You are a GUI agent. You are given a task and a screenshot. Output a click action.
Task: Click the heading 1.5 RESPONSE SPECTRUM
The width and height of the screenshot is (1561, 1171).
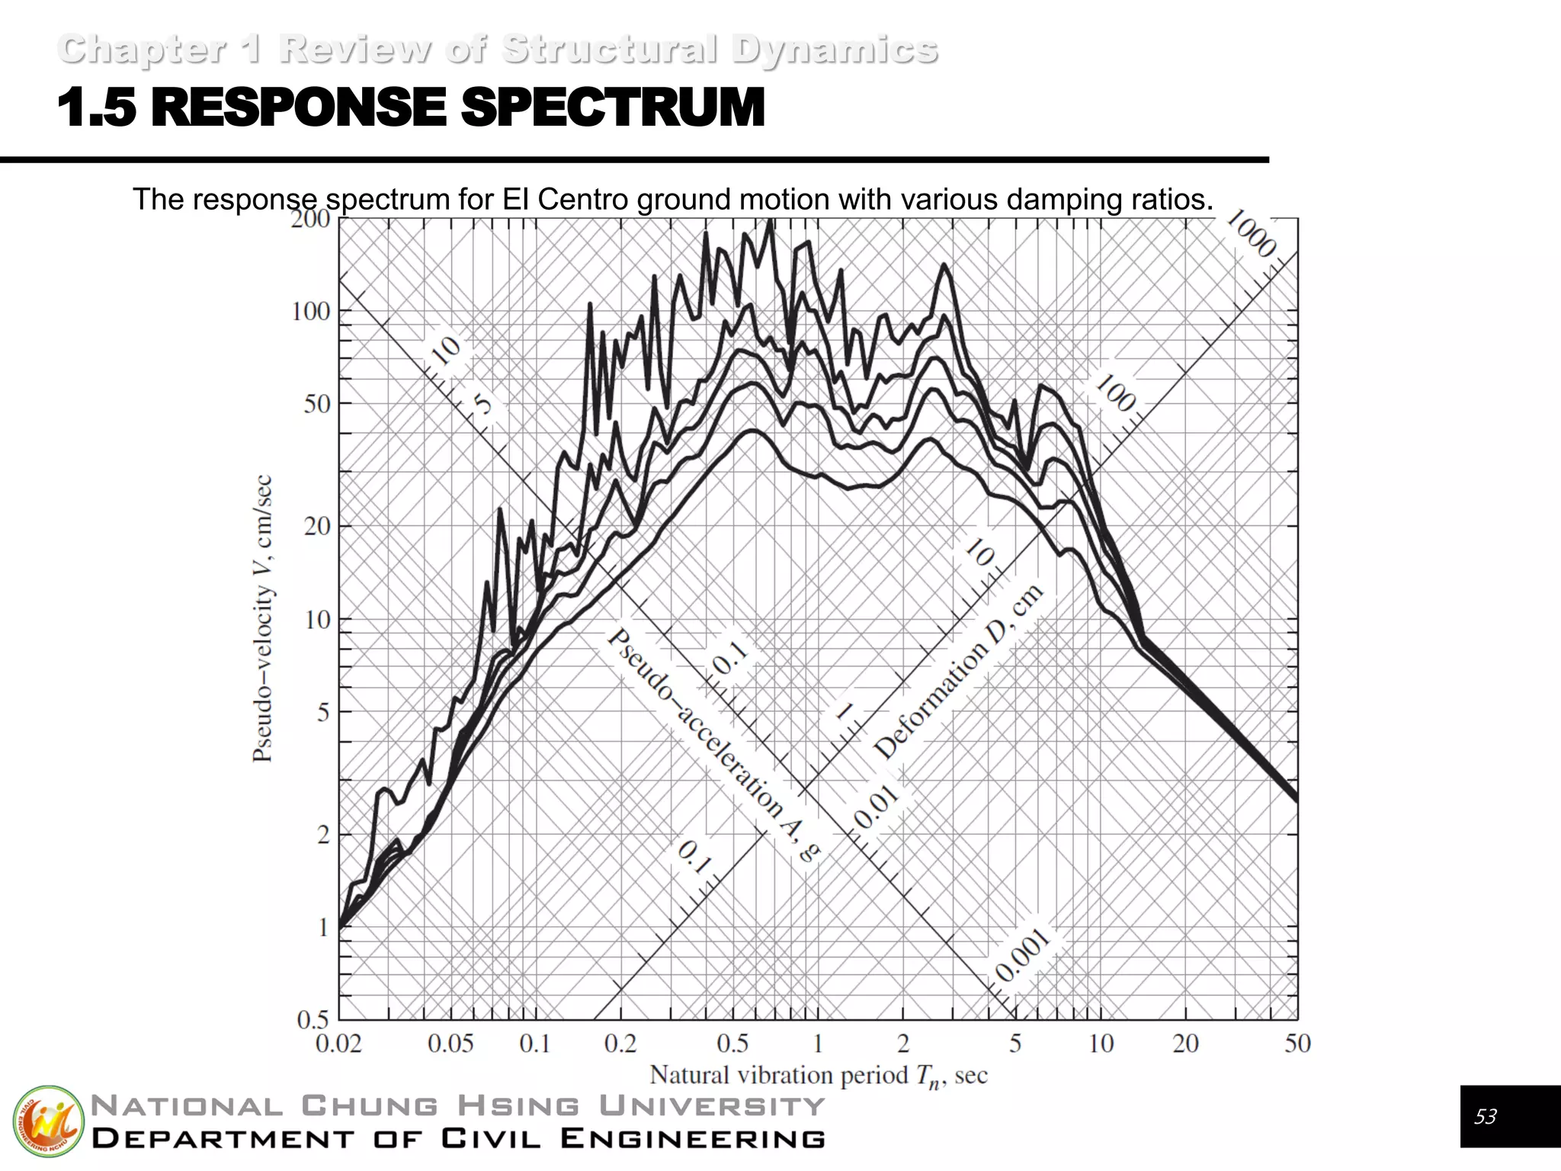coord(412,107)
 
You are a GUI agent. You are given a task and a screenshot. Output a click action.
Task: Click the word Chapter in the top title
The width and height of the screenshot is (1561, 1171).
coord(142,50)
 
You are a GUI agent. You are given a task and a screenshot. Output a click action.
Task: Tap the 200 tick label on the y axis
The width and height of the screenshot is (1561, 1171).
coord(310,219)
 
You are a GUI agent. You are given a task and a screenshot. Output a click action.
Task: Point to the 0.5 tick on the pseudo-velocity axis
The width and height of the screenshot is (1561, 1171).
coord(313,1019)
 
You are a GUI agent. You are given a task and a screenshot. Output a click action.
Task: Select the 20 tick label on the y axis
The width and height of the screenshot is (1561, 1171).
coord(316,526)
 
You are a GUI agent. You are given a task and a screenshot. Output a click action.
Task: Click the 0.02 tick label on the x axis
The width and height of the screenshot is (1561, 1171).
coord(338,1043)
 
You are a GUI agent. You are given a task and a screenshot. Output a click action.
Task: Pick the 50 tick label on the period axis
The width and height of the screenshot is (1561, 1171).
coord(1297,1043)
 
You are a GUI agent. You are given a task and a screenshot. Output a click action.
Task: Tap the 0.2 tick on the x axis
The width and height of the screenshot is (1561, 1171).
coord(620,1043)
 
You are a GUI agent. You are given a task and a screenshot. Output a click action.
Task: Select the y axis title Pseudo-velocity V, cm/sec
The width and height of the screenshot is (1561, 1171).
coord(262,618)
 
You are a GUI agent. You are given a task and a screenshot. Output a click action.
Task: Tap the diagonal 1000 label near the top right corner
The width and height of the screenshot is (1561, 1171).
coord(1251,233)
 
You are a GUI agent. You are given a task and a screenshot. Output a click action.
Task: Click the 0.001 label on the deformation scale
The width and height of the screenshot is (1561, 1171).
coord(1022,956)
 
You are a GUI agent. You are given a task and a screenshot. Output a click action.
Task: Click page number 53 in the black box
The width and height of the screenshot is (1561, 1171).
coord(1485,1117)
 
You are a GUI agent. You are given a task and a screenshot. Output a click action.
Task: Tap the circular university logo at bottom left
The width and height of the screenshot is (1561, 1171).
coord(48,1121)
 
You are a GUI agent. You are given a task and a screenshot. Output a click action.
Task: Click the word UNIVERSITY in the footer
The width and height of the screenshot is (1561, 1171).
coord(712,1105)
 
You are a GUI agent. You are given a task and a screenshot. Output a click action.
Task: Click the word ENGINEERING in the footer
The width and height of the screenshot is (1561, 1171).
coord(692,1139)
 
